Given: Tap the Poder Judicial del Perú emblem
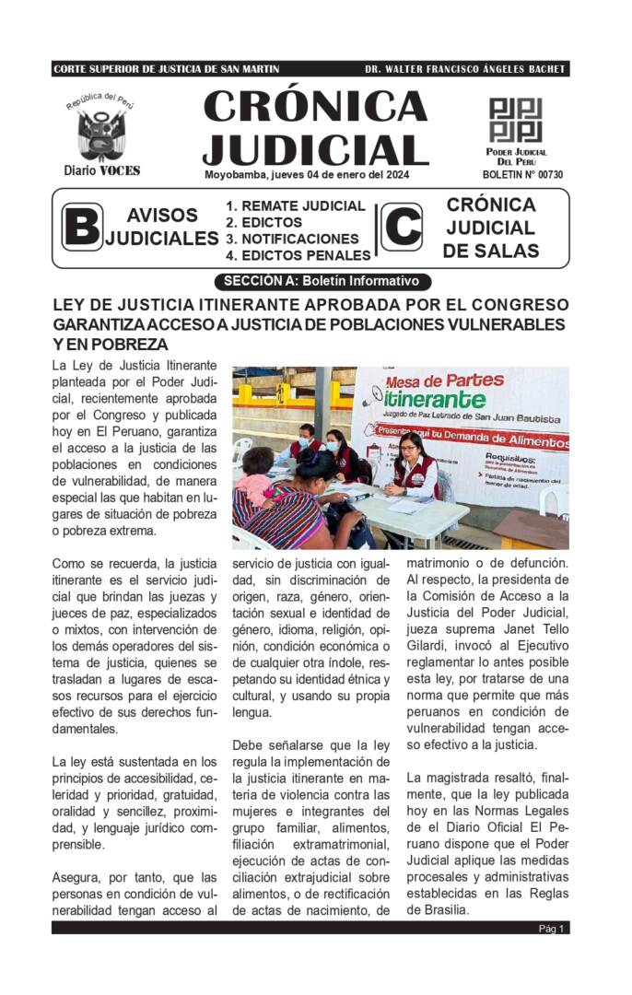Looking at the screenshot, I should click(515, 120).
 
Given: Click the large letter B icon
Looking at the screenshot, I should click(81, 228).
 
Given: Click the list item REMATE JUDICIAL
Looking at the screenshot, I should click(297, 206).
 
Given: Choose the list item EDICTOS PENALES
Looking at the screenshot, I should click(298, 255).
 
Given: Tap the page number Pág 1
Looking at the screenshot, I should click(551, 928).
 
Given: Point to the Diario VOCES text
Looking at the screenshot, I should click(101, 170).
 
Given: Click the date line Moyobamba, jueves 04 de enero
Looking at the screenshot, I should click(307, 174).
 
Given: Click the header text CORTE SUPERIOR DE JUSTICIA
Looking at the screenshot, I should click(166, 69).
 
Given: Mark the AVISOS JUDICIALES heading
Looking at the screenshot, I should click(162, 228).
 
